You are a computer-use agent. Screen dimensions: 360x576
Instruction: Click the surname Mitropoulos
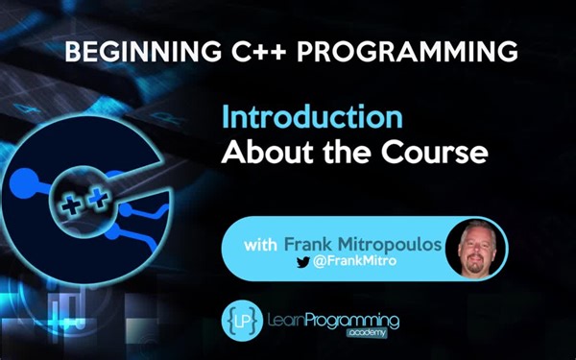pos(396,244)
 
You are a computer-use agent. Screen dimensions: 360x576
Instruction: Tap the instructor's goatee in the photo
pos(477,266)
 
